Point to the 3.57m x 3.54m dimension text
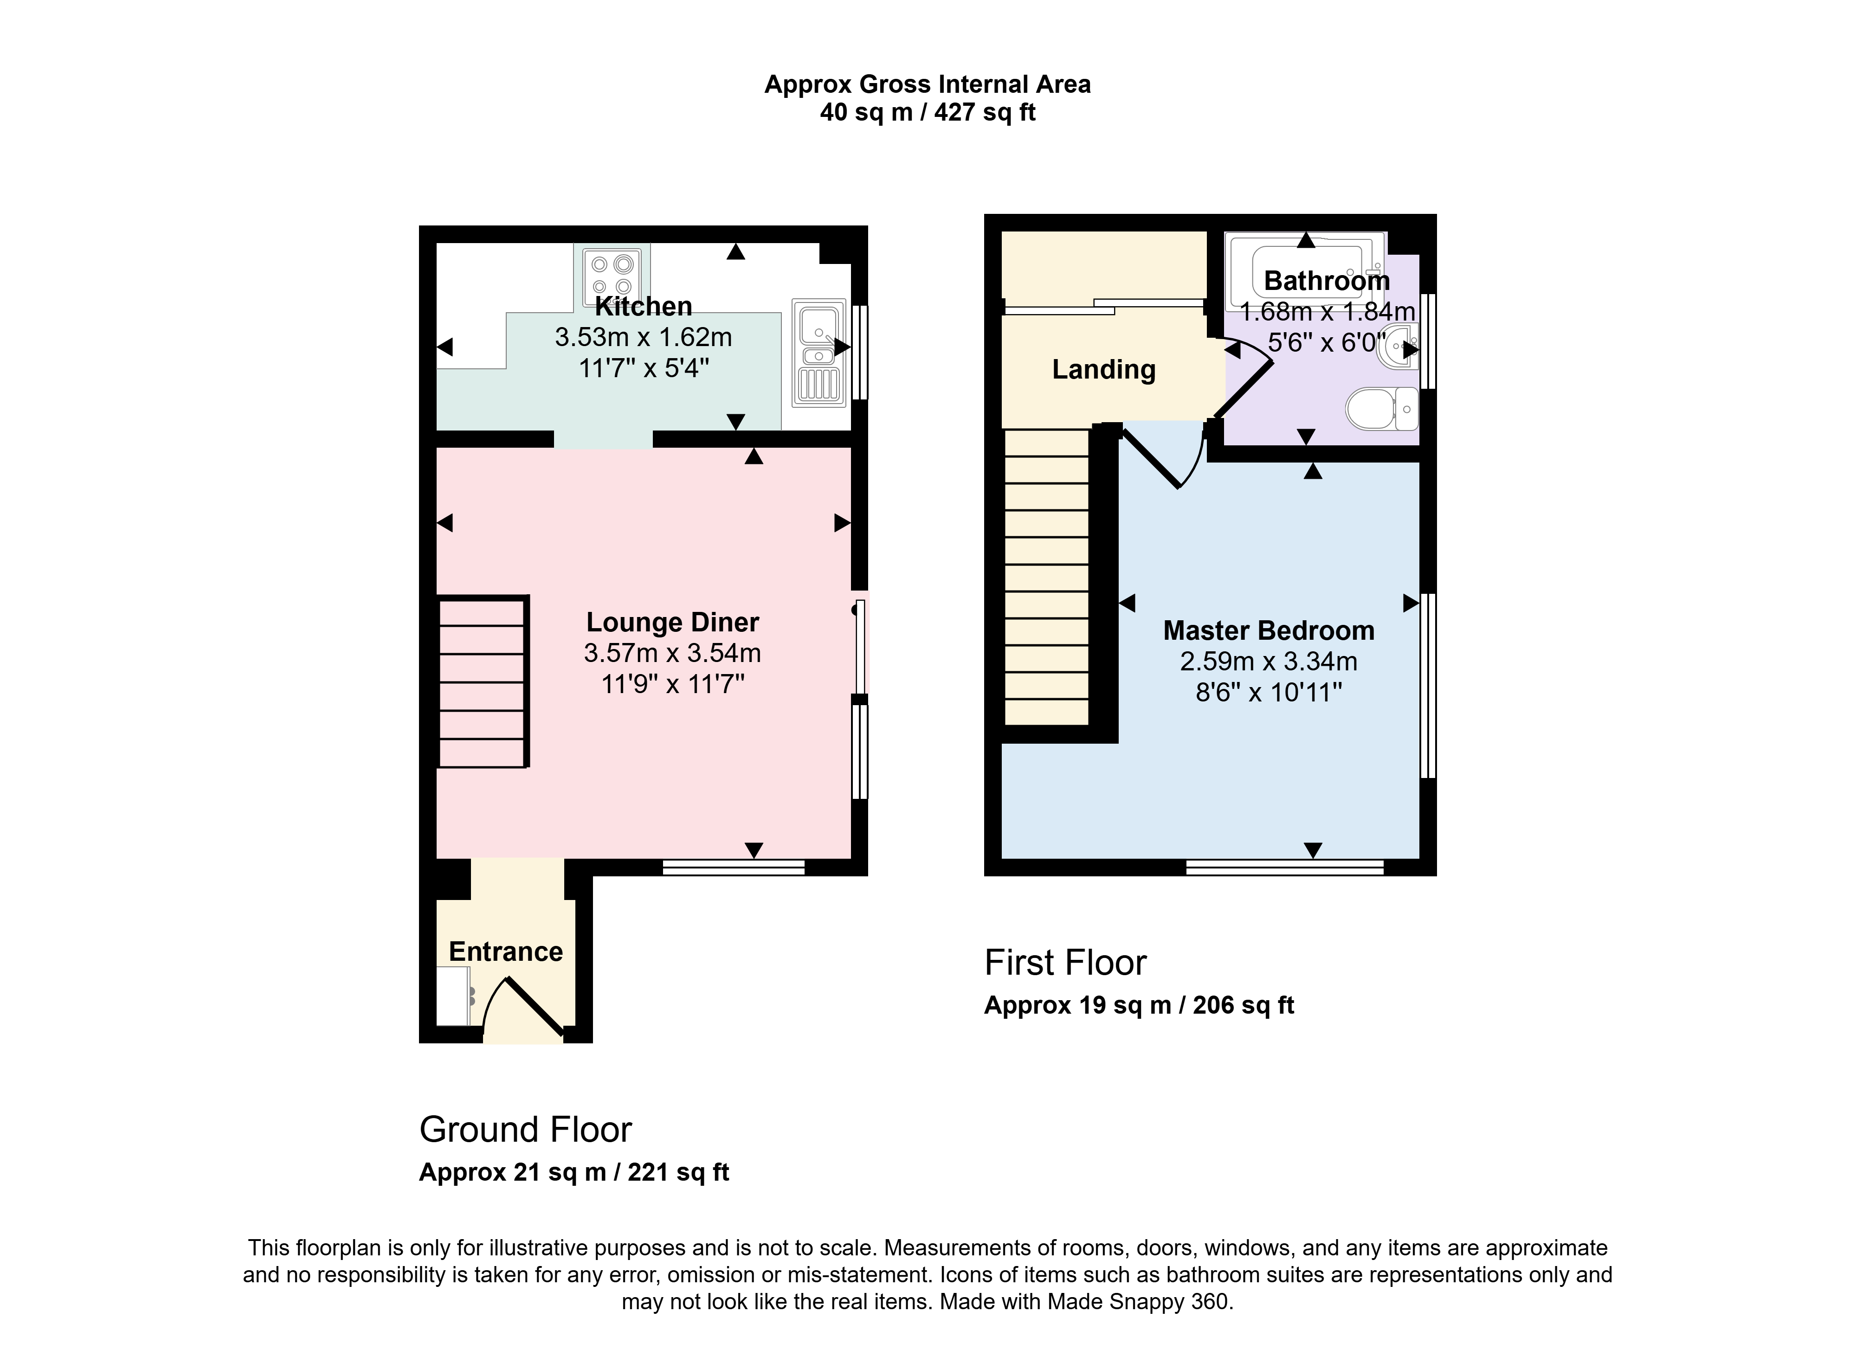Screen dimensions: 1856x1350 coord(673,653)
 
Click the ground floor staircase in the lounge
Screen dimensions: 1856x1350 coord(483,681)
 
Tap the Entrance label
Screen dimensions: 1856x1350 coord(506,951)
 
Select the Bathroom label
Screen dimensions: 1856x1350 coord(1327,281)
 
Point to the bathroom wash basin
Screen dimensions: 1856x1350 coord(1398,347)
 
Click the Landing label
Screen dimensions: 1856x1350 coord(1104,370)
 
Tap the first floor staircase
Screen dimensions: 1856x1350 coord(1047,577)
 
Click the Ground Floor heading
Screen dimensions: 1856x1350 coord(525,1130)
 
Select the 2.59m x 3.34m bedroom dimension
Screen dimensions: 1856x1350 coord(1269,661)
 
